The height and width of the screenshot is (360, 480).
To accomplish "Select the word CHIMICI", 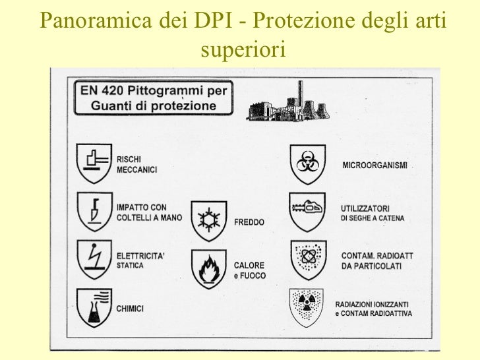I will pos(131,307).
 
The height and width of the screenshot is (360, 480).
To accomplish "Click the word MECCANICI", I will pos(136,169).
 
